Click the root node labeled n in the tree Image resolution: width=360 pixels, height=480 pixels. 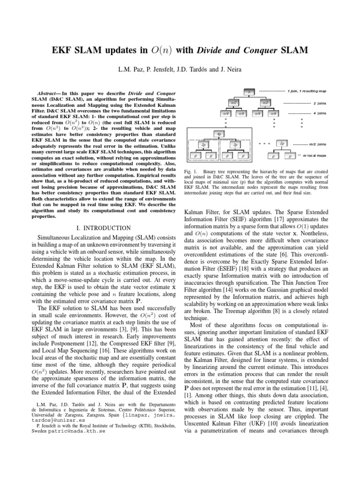(x=249, y=92)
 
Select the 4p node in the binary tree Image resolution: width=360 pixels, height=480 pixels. (x=219, y=134)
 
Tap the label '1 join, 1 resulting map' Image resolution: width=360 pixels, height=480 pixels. (x=307, y=90)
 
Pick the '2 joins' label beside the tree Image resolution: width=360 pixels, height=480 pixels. (x=320, y=103)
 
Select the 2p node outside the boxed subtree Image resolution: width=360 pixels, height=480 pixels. (x=282, y=143)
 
